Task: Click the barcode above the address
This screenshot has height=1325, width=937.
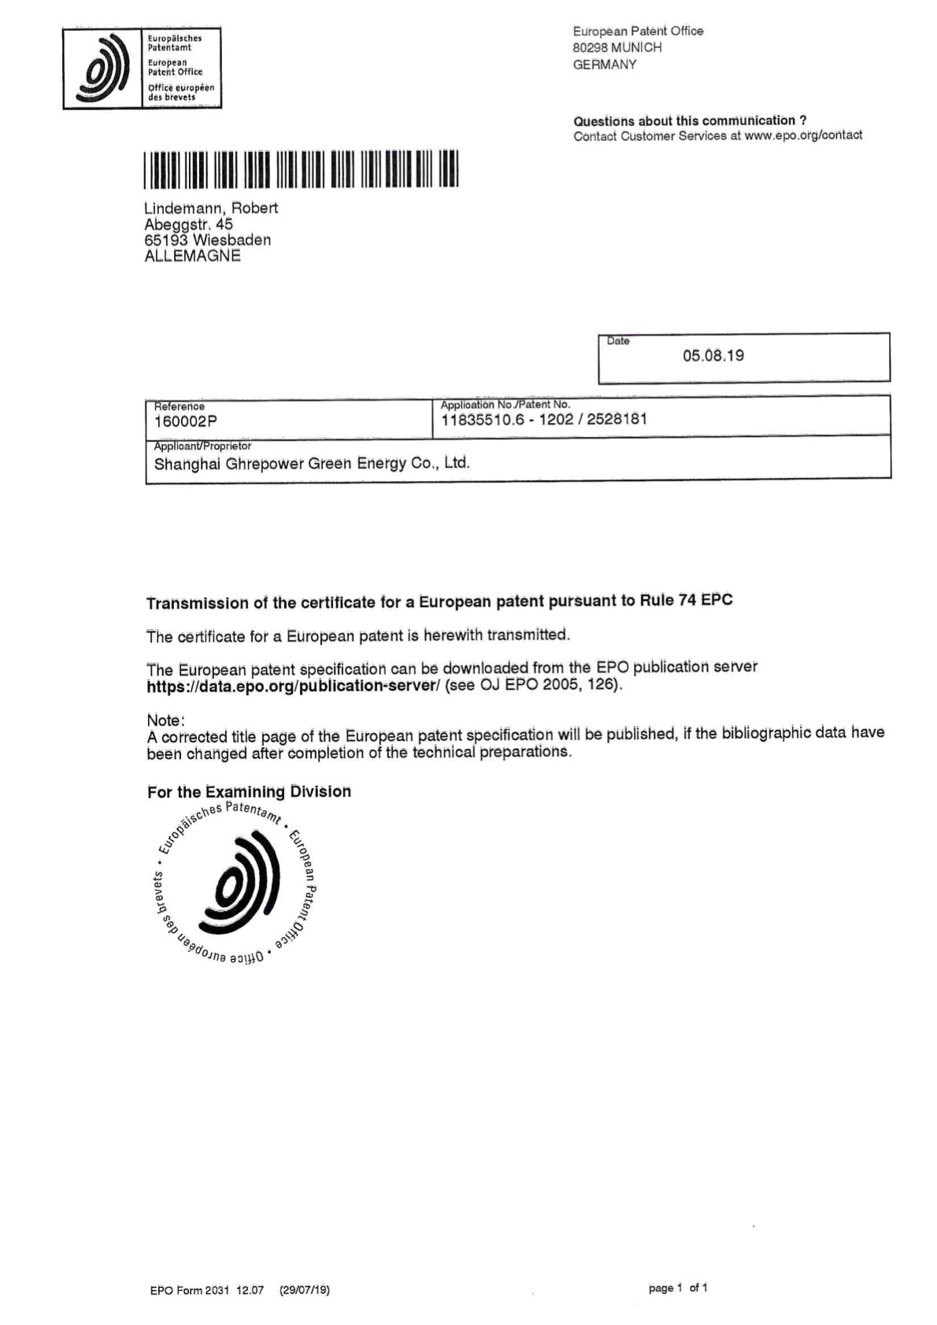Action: (301, 169)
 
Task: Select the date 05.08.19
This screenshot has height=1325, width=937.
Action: (713, 356)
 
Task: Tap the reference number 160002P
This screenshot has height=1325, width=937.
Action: (185, 422)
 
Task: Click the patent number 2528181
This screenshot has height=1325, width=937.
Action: (617, 419)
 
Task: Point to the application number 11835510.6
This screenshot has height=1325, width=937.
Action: (482, 420)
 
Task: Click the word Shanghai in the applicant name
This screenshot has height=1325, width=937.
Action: (187, 464)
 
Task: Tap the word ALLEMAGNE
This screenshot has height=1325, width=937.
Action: (192, 257)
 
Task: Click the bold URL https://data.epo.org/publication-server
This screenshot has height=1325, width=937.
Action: (292, 686)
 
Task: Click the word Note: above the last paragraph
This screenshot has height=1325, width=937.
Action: (165, 720)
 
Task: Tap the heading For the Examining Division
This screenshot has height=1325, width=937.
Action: (249, 792)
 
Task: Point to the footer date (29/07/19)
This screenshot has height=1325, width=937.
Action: (304, 1290)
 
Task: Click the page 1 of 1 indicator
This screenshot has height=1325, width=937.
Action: (677, 1288)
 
